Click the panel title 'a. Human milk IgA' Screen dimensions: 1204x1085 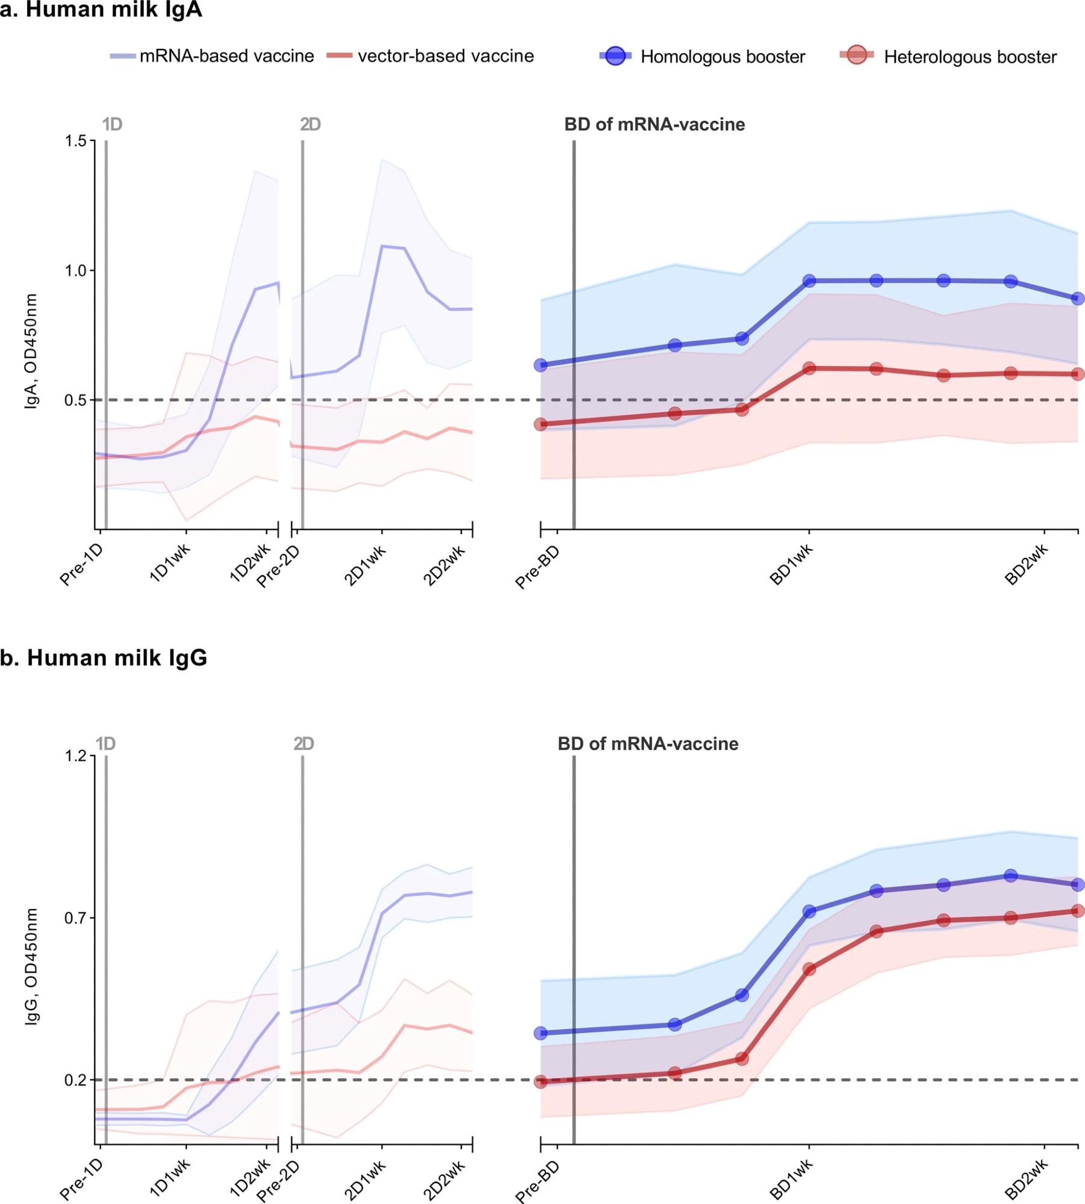pyautogui.click(x=101, y=10)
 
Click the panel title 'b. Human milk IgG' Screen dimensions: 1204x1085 pyautogui.click(x=104, y=658)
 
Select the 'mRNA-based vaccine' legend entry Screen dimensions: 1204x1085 pyautogui.click(x=226, y=56)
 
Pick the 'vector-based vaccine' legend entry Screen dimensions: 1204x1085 pyautogui.click(x=446, y=56)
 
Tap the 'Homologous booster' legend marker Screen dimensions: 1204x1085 pyautogui.click(x=615, y=55)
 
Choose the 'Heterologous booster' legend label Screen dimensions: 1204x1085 pyautogui.click(x=970, y=57)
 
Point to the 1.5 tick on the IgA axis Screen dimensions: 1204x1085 pyautogui.click(x=76, y=141)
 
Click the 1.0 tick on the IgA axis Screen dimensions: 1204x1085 pyautogui.click(x=76, y=270)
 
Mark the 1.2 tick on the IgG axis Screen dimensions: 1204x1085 pyautogui.click(x=76, y=756)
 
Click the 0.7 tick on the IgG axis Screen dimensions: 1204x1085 pyautogui.click(x=76, y=918)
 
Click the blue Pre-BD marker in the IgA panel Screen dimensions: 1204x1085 pyautogui.click(x=541, y=365)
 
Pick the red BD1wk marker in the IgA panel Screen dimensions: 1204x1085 pyautogui.click(x=809, y=368)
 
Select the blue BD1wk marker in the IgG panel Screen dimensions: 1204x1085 pyautogui.click(x=809, y=911)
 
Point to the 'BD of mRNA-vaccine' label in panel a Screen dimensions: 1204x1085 pyautogui.click(x=654, y=125)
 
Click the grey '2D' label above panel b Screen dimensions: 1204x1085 pyautogui.click(x=304, y=744)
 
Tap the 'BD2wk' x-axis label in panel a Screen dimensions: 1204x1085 pyautogui.click(x=1027, y=565)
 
